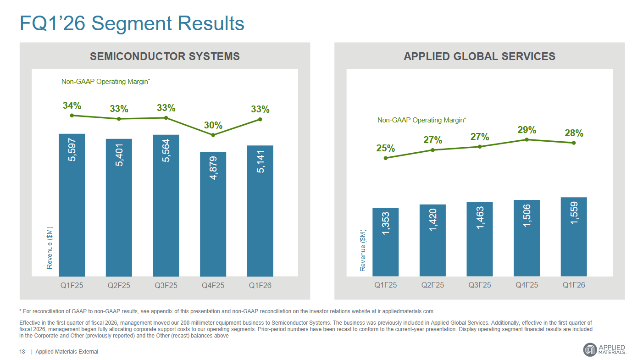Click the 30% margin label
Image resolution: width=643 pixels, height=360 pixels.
tap(213, 125)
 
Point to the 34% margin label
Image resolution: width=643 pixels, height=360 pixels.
tap(72, 106)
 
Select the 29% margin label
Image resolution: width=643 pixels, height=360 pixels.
tap(527, 130)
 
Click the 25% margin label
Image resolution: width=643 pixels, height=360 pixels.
tap(386, 148)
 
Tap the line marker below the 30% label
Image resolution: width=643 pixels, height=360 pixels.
tap(213, 135)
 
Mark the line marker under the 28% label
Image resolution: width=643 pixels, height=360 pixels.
tap(574, 143)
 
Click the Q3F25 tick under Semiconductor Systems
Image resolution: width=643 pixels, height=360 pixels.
tap(166, 285)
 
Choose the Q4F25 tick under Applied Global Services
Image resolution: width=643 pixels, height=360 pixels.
tap(527, 285)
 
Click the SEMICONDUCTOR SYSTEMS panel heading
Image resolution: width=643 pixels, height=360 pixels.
tap(165, 56)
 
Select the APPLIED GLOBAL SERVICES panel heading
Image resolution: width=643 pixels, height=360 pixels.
tap(479, 56)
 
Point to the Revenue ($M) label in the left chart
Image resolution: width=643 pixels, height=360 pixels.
tap(50, 248)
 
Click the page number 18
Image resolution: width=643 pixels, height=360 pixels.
tap(22, 352)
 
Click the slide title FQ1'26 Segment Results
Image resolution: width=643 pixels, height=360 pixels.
tap(132, 23)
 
